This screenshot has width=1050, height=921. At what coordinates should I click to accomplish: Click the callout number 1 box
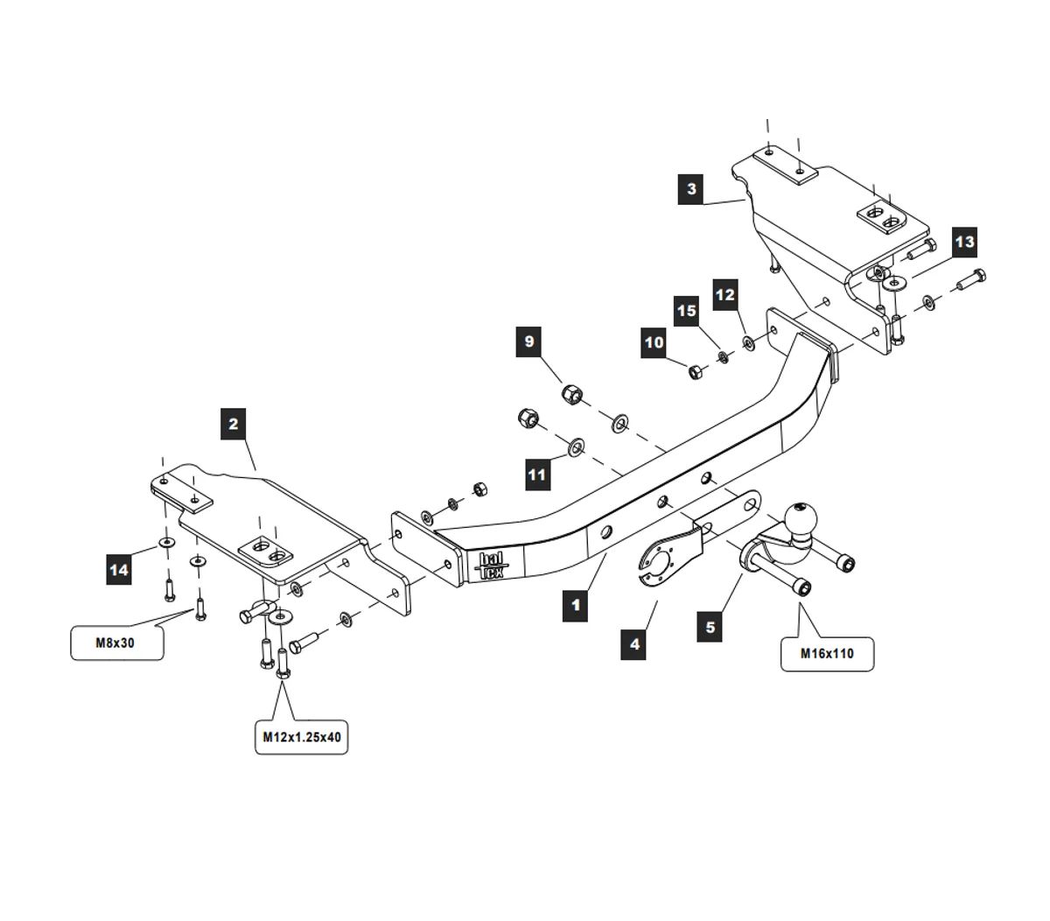click(575, 605)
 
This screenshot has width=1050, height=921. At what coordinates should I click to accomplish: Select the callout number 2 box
click(234, 425)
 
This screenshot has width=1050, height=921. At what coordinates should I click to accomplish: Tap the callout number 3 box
click(691, 189)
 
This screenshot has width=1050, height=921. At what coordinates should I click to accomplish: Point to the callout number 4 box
click(634, 644)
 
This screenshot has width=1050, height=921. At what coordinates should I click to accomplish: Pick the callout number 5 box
click(710, 627)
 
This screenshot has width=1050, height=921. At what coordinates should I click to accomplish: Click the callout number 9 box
click(529, 341)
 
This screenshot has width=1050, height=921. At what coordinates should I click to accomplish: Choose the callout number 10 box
click(654, 343)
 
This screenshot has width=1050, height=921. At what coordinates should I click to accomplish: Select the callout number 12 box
click(725, 295)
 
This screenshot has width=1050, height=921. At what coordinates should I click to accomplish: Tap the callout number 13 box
click(963, 242)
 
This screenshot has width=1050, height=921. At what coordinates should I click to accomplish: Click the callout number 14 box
click(119, 571)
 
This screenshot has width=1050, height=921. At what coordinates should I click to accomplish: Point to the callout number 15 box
click(687, 311)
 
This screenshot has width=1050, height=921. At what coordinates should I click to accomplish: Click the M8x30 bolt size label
click(116, 643)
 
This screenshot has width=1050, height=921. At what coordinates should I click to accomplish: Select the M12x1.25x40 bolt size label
click(302, 737)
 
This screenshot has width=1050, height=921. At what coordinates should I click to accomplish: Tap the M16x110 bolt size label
click(827, 652)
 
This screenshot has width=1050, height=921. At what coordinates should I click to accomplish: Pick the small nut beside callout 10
click(694, 371)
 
